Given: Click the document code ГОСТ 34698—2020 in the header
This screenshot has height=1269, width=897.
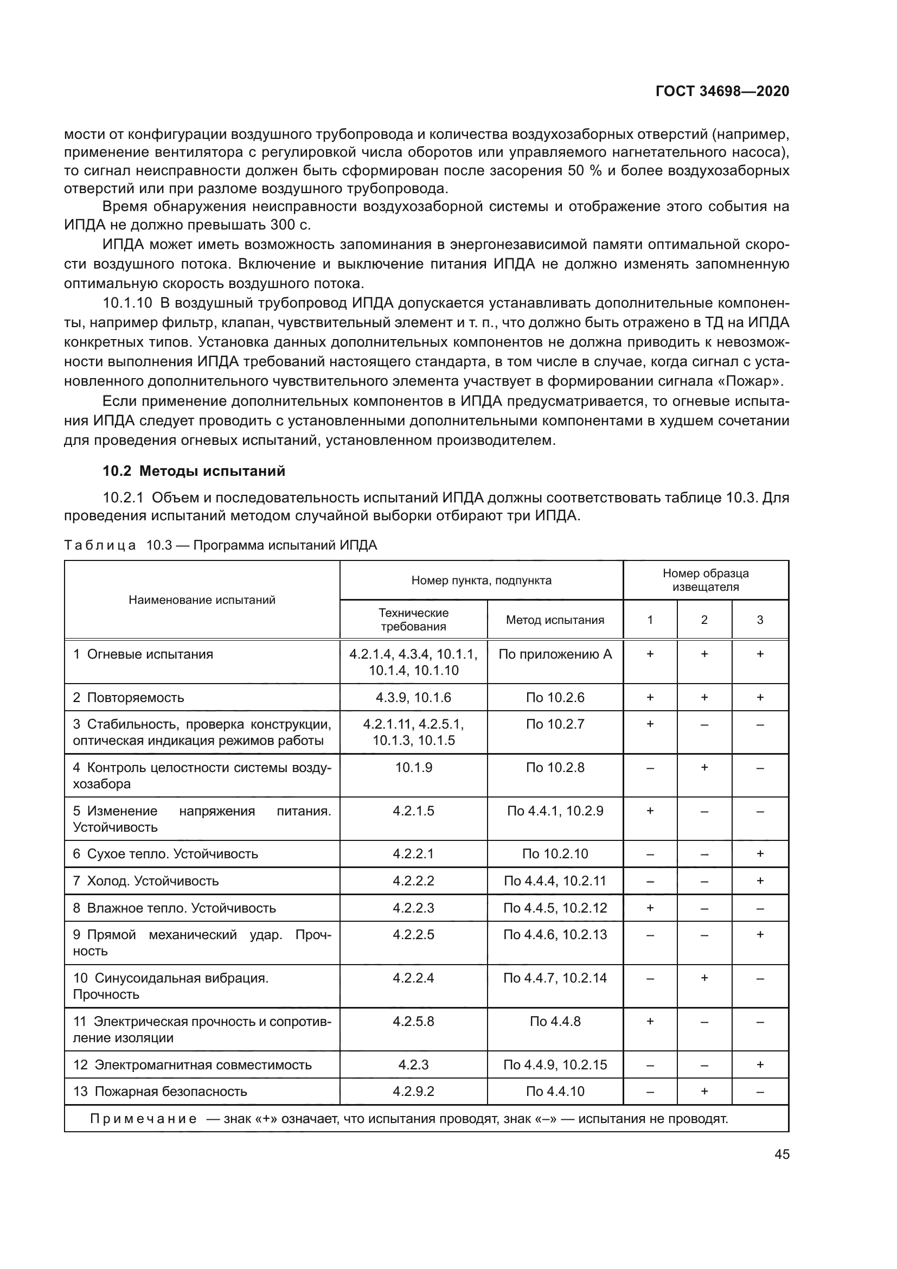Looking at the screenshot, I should point(722,92).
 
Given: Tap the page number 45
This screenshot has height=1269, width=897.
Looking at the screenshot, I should point(781,1154).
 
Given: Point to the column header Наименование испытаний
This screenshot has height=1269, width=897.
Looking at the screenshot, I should point(202,600).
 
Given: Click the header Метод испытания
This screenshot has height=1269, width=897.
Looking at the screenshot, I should point(555,620).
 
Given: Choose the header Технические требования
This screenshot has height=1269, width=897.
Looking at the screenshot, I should point(413,620).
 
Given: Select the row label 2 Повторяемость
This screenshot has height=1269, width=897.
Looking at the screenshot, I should point(129,698).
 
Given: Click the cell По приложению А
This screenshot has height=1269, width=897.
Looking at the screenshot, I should point(555,654).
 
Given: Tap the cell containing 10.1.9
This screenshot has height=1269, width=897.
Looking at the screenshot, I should point(413,767).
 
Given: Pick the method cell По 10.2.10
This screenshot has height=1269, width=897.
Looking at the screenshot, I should point(555,854).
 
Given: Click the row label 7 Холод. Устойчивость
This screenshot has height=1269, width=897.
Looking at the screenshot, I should point(146,881).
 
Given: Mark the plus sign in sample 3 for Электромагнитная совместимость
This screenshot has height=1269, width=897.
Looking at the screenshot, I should point(760,1064).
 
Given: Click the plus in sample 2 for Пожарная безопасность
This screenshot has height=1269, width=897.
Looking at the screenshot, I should point(704,1092).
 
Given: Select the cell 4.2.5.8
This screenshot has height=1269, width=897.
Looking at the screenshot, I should point(413,1022).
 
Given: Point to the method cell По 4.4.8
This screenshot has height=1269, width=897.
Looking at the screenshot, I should point(555,1022).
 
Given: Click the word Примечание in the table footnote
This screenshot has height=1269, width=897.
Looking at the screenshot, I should point(143,1119).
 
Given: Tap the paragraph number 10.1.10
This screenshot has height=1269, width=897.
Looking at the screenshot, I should point(127,303).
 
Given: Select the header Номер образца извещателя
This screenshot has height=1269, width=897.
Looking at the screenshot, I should point(706,581).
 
